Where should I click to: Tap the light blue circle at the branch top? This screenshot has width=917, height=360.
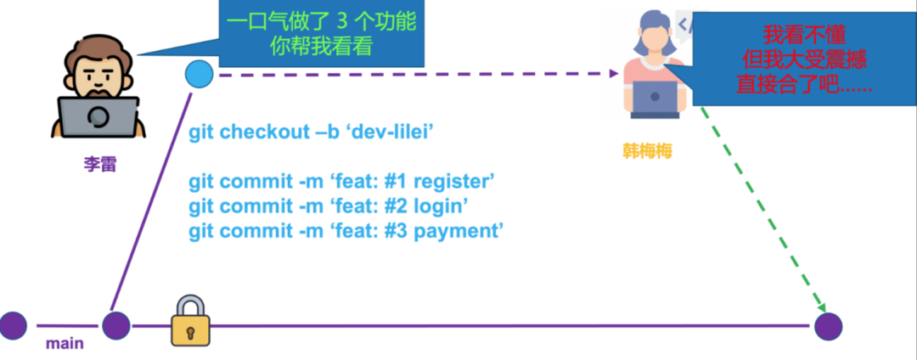199,74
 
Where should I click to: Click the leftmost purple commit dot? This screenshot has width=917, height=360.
13,326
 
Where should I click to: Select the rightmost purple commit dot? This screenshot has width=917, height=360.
828,326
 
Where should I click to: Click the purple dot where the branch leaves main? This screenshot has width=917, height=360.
115,325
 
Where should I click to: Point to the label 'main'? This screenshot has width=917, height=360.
65,343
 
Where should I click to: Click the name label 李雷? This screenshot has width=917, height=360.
99,164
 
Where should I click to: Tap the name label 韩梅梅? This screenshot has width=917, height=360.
647,152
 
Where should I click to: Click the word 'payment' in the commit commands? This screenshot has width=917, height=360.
458,231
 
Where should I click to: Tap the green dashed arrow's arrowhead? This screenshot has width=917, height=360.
820,307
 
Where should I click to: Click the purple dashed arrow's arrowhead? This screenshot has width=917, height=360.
613,73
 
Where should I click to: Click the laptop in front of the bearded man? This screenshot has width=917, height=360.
98,117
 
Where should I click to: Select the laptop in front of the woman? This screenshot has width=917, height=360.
655,98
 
